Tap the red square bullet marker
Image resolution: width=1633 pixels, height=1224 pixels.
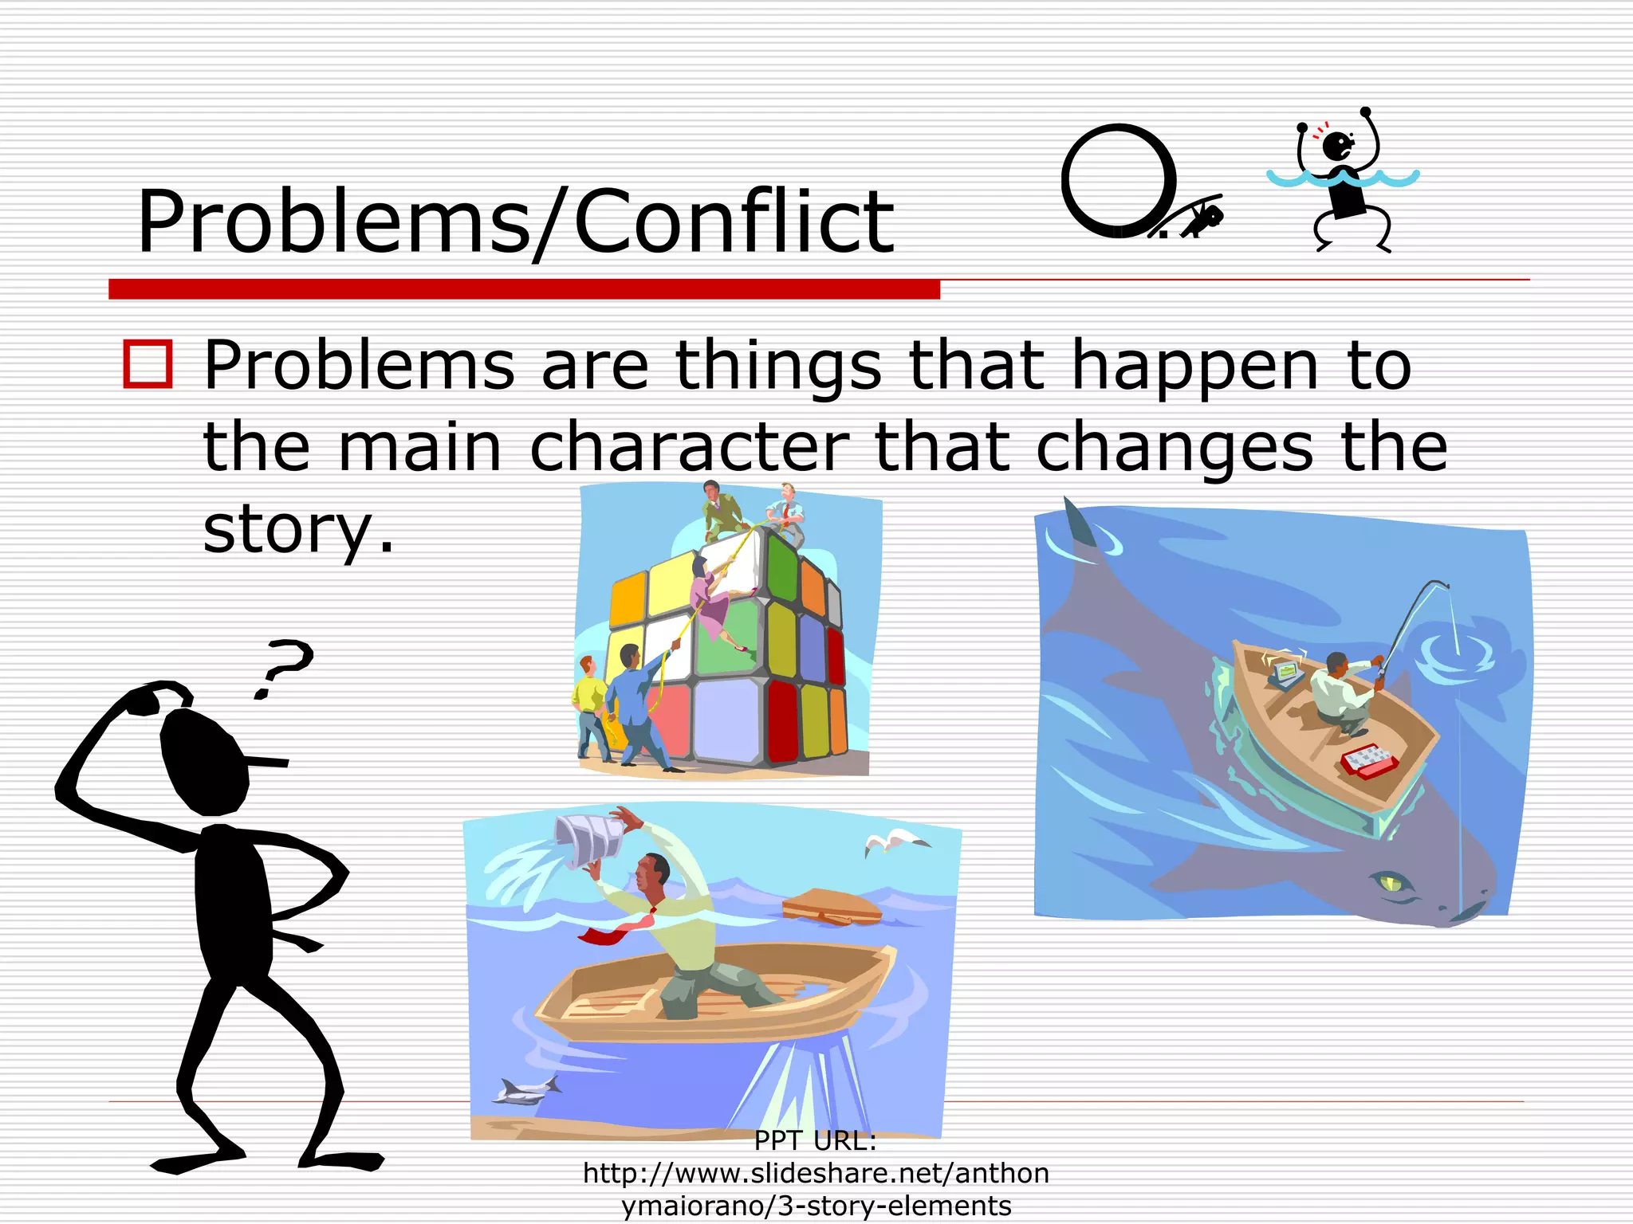148,364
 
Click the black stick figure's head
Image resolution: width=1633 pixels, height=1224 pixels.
204,761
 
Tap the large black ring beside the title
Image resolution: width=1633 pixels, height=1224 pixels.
1118,180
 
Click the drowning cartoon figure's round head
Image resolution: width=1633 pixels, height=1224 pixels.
1335,146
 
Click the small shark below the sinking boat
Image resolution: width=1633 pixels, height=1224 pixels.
527,1089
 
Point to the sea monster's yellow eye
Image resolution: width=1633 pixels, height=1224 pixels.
1392,882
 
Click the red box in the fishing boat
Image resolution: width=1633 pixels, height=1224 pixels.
1368,760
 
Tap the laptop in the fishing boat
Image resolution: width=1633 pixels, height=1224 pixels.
1285,672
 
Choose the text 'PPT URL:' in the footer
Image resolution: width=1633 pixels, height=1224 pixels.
815,1141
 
